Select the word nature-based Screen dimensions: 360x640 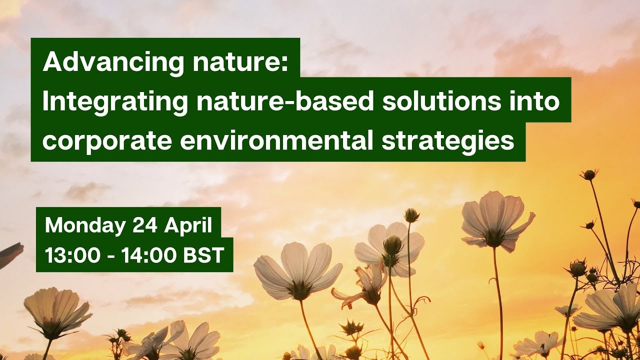pyautogui.click(x=285, y=102)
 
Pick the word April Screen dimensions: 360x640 pyautogui.click(x=189, y=226)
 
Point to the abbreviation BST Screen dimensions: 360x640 pyautogui.click(x=203, y=256)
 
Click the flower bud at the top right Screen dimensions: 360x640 pyautogui.click(x=589, y=174)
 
